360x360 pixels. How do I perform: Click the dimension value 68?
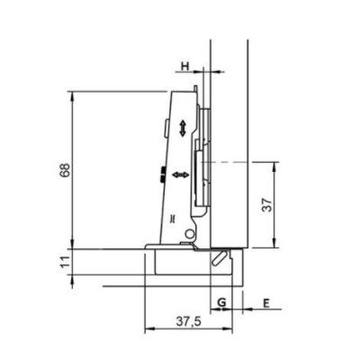pyautogui.click(x=66, y=170)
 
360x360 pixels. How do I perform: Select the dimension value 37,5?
pyautogui.click(x=188, y=322)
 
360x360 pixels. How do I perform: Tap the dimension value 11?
pyautogui.click(x=66, y=262)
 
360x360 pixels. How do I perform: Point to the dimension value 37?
pyautogui.click(x=267, y=204)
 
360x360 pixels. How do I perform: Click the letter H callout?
pyautogui.click(x=185, y=66)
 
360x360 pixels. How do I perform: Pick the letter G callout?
pyautogui.click(x=221, y=302)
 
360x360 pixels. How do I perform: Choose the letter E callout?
pyautogui.click(x=266, y=303)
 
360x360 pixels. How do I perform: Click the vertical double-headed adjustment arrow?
pyautogui.click(x=183, y=129)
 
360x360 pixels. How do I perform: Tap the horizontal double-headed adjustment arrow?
pyautogui.click(x=181, y=175)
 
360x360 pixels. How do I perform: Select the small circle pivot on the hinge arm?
pyautogui.click(x=189, y=234)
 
